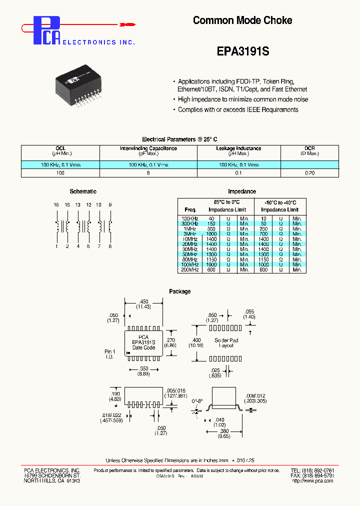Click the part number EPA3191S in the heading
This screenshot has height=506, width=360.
243,51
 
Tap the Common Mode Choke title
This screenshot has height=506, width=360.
242,20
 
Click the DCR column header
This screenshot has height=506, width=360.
309,148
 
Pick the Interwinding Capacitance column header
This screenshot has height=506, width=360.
148,148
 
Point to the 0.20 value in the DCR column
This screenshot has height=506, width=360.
309,172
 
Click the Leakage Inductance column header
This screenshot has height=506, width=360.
238,148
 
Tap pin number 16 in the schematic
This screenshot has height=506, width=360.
56,205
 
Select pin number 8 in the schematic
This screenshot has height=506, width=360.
110,246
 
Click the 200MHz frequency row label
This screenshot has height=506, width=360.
190,270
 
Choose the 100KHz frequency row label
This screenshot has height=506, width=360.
190,218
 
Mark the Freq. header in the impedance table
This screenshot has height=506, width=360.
190,210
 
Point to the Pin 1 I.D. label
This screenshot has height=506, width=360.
110,354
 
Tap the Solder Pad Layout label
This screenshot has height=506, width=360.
226,342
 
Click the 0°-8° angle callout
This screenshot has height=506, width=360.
198,401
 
